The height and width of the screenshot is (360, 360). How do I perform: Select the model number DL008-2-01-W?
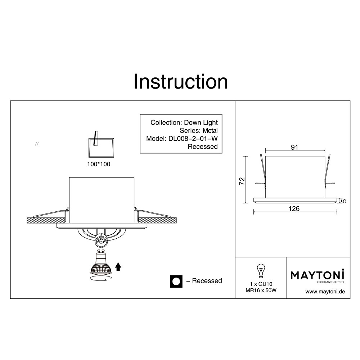193,139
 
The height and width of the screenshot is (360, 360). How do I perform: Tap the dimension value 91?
294,147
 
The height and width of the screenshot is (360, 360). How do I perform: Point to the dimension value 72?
242,181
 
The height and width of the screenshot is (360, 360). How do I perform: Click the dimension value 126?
294,208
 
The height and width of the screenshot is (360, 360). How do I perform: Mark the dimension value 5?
344,201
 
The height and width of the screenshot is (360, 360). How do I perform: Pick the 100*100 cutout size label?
99,164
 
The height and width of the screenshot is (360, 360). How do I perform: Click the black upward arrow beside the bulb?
118,267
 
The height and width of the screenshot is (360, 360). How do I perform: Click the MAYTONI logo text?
318,275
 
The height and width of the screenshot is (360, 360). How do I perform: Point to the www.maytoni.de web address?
325,292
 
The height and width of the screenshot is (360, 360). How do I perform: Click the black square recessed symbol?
176,281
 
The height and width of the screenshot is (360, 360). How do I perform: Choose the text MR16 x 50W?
261,291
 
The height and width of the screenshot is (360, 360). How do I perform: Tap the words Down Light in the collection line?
201,123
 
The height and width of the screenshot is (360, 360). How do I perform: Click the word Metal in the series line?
210,130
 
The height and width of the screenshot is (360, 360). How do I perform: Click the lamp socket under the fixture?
101,240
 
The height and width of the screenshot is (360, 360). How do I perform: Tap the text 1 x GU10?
261,284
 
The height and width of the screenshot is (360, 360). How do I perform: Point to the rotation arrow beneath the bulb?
101,279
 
